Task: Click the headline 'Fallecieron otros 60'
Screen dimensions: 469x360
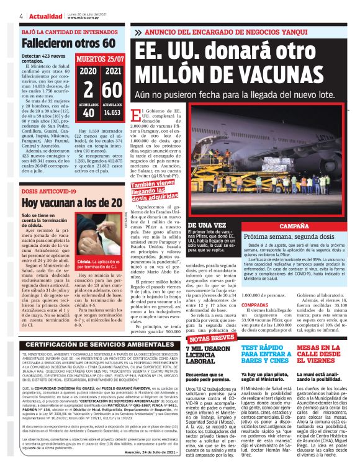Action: click(60, 43)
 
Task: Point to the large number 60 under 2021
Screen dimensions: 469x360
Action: click(112, 89)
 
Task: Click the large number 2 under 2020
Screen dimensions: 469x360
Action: click(88, 89)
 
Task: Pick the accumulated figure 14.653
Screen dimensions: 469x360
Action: click(112, 113)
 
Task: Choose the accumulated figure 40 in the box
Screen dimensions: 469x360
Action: click(88, 113)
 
